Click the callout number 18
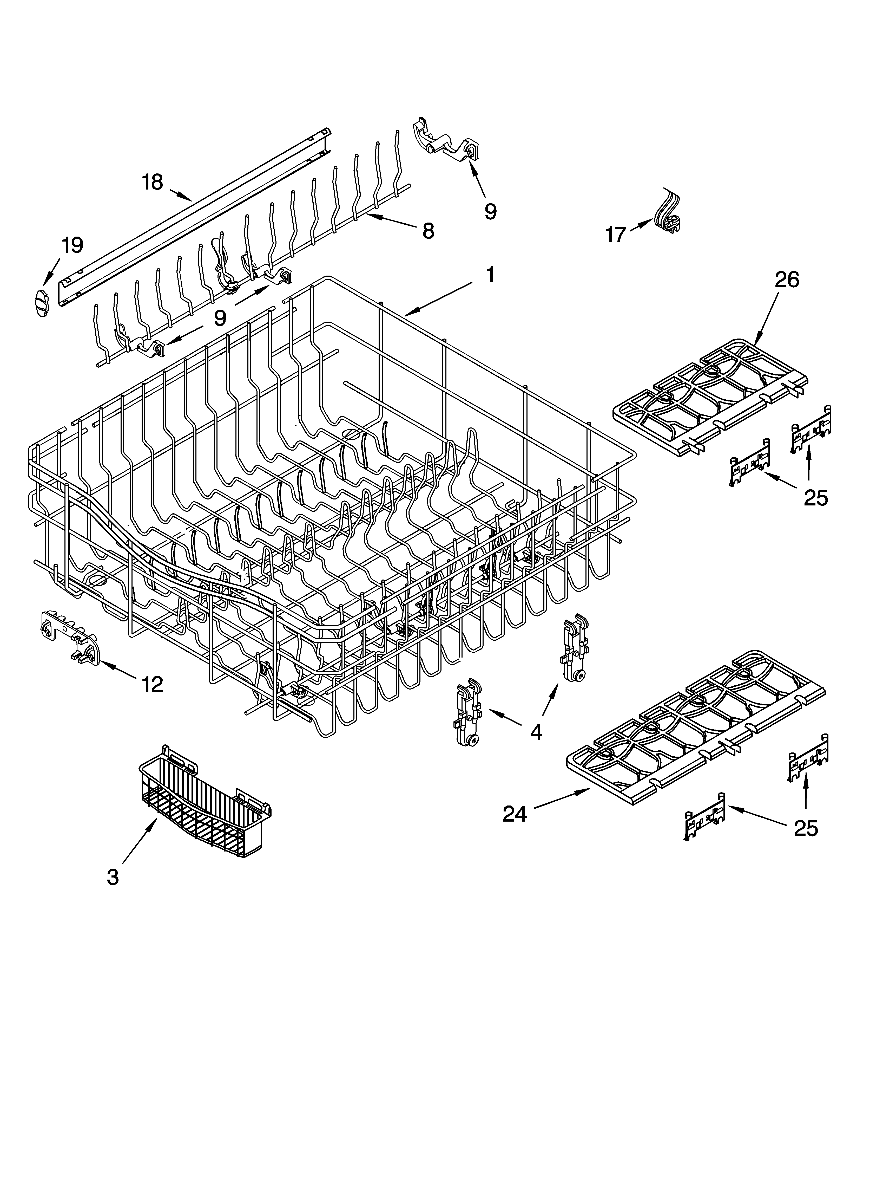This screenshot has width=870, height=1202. point(153,182)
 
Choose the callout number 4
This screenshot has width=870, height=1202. point(536,732)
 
